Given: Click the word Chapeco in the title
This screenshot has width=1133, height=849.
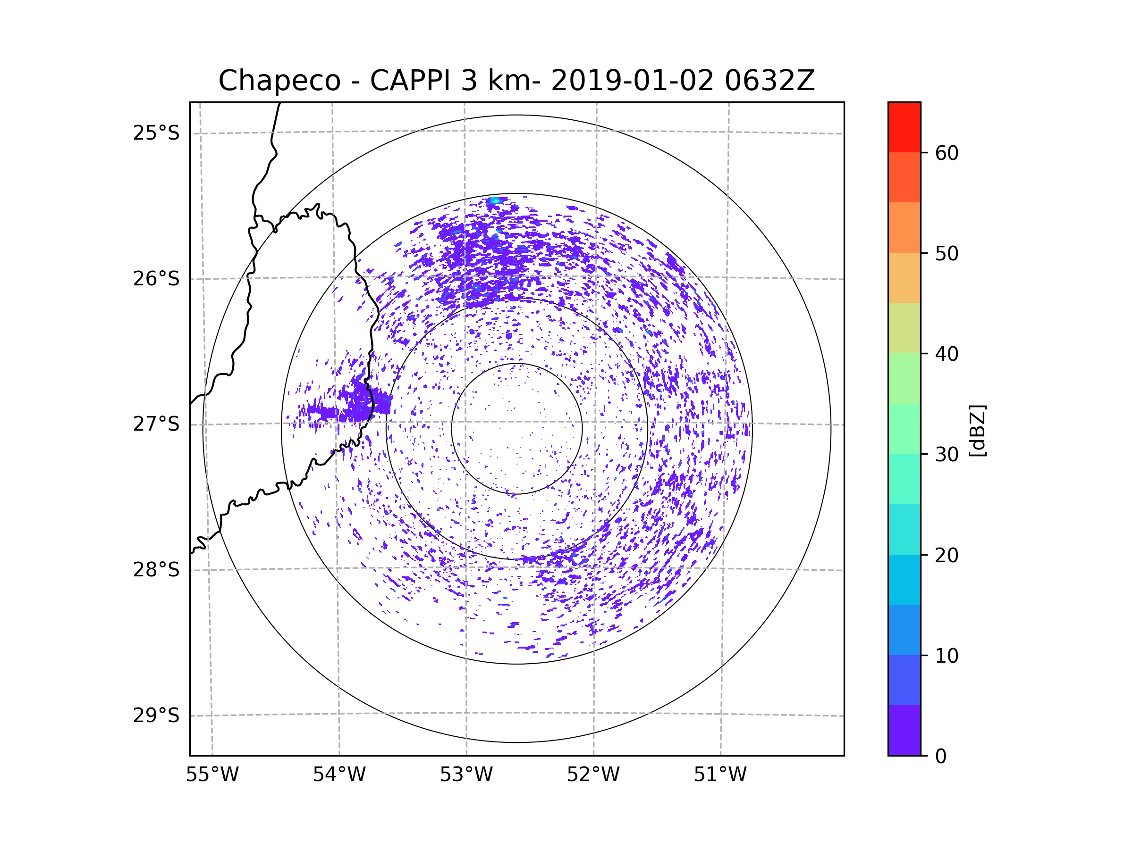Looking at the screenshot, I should (x=279, y=81).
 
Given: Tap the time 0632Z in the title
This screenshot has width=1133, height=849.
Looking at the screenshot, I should (x=769, y=81).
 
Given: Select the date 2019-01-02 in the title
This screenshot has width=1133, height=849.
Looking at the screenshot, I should (x=632, y=81).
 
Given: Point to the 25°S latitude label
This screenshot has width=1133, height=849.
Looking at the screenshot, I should (x=156, y=133).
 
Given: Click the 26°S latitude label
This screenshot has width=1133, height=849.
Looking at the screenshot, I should (x=156, y=279).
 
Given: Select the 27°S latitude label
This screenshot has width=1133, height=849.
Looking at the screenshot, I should (x=156, y=424).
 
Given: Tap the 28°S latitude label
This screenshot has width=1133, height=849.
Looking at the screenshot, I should (x=156, y=570).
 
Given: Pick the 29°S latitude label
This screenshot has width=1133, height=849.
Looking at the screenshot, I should (x=156, y=716).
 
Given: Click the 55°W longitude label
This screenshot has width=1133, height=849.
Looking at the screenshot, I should (x=212, y=775).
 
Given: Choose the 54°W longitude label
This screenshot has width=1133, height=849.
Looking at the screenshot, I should (x=339, y=775).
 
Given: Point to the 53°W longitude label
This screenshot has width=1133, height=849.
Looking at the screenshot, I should (x=466, y=775).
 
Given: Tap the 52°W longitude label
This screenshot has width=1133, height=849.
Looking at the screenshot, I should (x=593, y=775).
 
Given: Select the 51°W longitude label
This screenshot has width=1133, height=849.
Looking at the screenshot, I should (x=720, y=775).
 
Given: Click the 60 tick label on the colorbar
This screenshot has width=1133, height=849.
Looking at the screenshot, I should (x=947, y=153).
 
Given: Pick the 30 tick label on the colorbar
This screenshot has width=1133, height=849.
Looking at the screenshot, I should (x=947, y=454).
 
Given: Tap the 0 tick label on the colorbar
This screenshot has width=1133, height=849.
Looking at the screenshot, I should (x=941, y=757).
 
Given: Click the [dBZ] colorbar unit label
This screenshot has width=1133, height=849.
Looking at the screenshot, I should (x=977, y=430).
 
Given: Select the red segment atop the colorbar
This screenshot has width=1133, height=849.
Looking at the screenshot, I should (x=904, y=127).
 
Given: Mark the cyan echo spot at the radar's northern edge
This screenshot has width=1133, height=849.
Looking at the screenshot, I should (x=494, y=200).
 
